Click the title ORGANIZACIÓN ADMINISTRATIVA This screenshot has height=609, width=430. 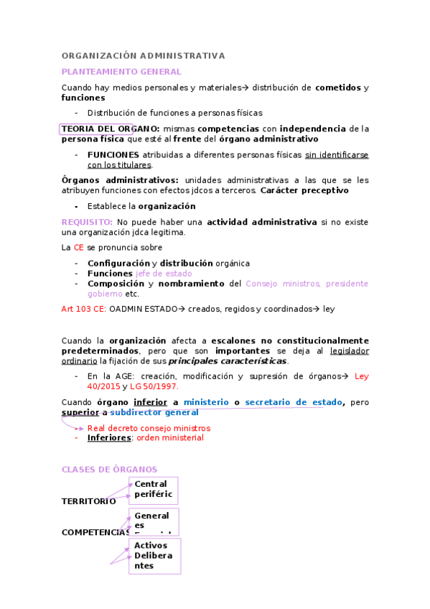tap(143, 55)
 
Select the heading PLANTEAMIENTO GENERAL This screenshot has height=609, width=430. tap(121, 72)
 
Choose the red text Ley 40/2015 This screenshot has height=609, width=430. tap(362, 376)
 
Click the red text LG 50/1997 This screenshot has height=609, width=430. tap(156, 386)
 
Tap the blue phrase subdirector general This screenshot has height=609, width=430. tap(154, 413)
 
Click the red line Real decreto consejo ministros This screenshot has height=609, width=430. tap(149, 428)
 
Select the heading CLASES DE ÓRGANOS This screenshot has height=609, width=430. tap(109, 470)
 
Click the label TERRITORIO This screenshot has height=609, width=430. tap(88, 501)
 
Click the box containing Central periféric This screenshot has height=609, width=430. tap(154, 490)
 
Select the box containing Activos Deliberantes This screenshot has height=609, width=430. tap(154, 556)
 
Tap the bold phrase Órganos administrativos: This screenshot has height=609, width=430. tap(120, 180)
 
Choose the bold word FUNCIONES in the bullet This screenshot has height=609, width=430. tap(113, 154)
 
